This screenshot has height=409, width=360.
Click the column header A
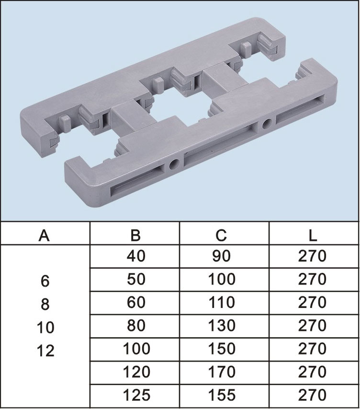(44, 235)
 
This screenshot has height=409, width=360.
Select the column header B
(135, 235)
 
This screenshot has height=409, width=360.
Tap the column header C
(221, 235)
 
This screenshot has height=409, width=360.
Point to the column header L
(313, 235)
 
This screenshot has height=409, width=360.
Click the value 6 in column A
(45, 281)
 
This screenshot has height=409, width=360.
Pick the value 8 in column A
(45, 304)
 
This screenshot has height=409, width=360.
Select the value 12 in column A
(45, 351)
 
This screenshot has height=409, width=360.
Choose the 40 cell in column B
(136, 256)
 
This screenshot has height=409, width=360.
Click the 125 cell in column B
(136, 395)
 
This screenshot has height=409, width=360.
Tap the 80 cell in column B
(136, 326)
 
